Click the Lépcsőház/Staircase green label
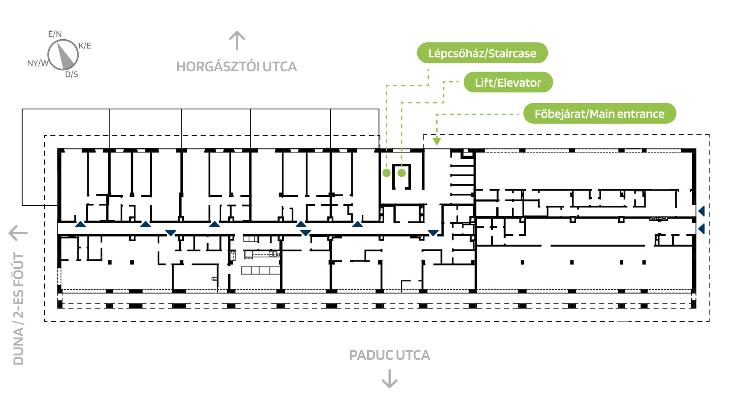point(482,53)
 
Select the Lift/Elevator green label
point(508,82)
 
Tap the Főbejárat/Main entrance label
point(599,114)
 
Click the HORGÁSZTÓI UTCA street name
point(237,67)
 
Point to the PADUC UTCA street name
point(389,355)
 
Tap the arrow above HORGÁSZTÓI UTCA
point(237,40)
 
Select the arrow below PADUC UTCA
point(390,379)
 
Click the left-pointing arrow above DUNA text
point(18,233)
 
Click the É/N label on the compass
point(55,34)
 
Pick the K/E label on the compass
point(85,45)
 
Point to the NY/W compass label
point(38,63)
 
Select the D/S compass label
point(72,74)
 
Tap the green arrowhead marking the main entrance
point(437,141)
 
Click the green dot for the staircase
point(387,173)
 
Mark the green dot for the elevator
point(402,173)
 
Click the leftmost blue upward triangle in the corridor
point(81,224)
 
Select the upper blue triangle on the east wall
point(702,211)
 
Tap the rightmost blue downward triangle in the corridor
point(433,233)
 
